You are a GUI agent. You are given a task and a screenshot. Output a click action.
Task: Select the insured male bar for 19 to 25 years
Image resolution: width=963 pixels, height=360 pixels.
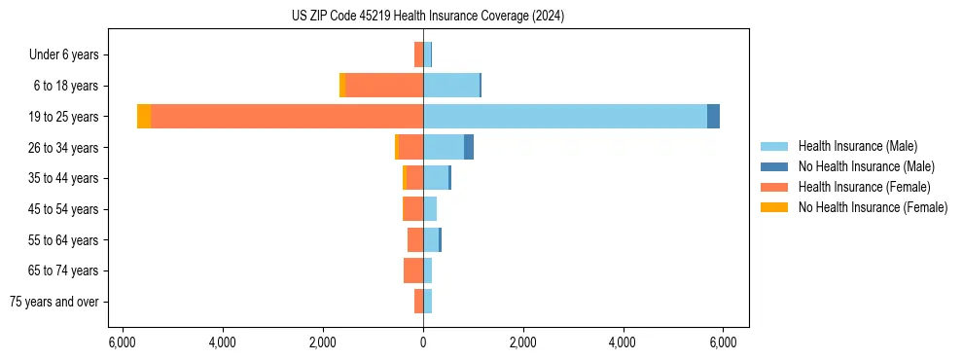564,116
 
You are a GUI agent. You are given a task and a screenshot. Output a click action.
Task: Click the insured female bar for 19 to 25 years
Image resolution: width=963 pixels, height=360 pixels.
287,116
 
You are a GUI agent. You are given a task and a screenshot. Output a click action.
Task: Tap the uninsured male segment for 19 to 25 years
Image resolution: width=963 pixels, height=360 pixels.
713,116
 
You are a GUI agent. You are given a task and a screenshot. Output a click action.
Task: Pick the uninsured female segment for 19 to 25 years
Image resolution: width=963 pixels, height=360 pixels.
144,116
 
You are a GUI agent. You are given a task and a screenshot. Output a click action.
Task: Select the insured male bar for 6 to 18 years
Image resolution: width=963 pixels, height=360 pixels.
451,85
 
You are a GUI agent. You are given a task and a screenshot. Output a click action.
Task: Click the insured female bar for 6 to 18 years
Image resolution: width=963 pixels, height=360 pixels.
384,85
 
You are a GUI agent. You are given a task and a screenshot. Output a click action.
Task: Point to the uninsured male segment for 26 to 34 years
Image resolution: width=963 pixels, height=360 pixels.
469,147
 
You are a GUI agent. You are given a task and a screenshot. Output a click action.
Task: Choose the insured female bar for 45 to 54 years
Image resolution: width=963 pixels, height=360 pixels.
412,208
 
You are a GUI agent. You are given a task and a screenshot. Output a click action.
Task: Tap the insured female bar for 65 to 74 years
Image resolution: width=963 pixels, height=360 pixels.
413,270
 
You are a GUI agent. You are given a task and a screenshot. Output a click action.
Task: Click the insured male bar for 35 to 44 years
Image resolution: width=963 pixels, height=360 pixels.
436,177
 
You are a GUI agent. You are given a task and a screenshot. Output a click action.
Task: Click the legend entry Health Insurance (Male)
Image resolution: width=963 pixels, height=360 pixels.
857,146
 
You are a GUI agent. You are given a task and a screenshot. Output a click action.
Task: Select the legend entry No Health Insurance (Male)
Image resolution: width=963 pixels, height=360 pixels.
866,166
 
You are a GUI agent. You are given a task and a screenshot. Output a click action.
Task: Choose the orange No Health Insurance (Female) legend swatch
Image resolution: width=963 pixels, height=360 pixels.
774,207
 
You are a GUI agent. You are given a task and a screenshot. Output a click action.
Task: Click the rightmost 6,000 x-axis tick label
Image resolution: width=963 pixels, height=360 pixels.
723,343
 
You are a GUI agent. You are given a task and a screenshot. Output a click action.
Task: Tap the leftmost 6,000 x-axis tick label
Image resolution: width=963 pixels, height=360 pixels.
123,343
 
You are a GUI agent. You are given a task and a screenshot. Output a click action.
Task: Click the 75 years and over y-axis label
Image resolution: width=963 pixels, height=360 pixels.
54,302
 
